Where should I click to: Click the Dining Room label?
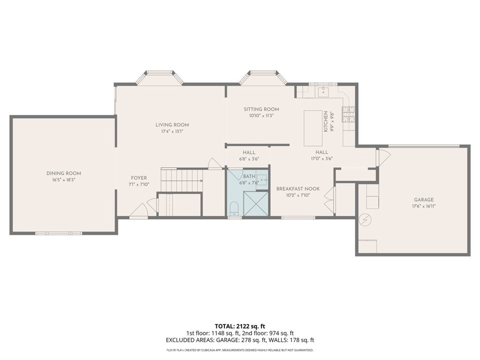tap(64, 173)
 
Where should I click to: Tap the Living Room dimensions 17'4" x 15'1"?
tap(172, 132)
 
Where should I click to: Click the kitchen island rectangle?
tap(313, 128)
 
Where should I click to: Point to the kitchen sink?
tap(323, 92)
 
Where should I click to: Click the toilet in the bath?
tap(234, 208)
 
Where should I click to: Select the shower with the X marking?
tap(256, 204)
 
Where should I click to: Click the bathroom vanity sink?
tap(262, 179)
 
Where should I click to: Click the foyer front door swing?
tap(140, 211)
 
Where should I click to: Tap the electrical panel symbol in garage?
tap(365, 219)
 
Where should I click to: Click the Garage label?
tap(423, 199)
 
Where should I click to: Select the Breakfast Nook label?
tap(298, 189)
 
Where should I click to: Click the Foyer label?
tap(139, 178)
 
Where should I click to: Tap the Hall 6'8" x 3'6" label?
tap(249, 153)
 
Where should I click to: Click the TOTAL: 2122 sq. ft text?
tap(240, 326)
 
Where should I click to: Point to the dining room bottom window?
tap(59, 233)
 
